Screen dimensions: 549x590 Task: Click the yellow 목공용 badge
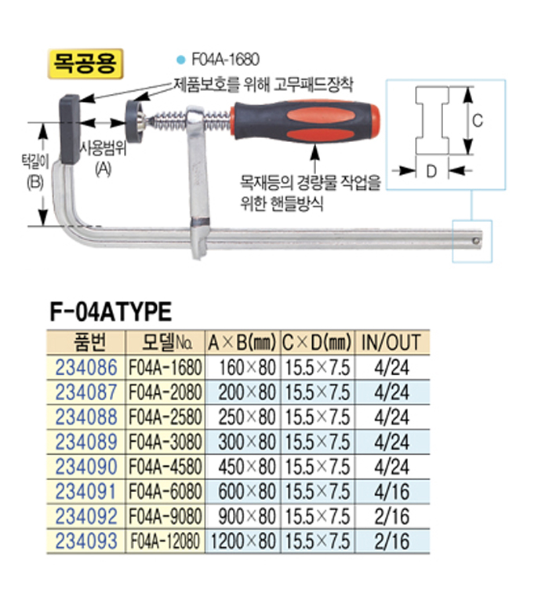coord(85,64)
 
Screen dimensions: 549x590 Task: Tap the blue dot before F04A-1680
coord(181,60)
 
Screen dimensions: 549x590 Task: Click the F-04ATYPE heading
coord(111,311)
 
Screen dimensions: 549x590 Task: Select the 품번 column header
coord(86,342)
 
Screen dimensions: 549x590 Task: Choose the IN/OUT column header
coord(391,342)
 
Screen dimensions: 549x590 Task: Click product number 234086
coord(86,367)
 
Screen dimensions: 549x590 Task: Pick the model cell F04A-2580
coord(165,417)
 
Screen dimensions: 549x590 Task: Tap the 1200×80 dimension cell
coord(243,541)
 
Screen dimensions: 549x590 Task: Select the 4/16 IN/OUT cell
coord(392,491)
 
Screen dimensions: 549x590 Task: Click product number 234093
coord(86,541)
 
